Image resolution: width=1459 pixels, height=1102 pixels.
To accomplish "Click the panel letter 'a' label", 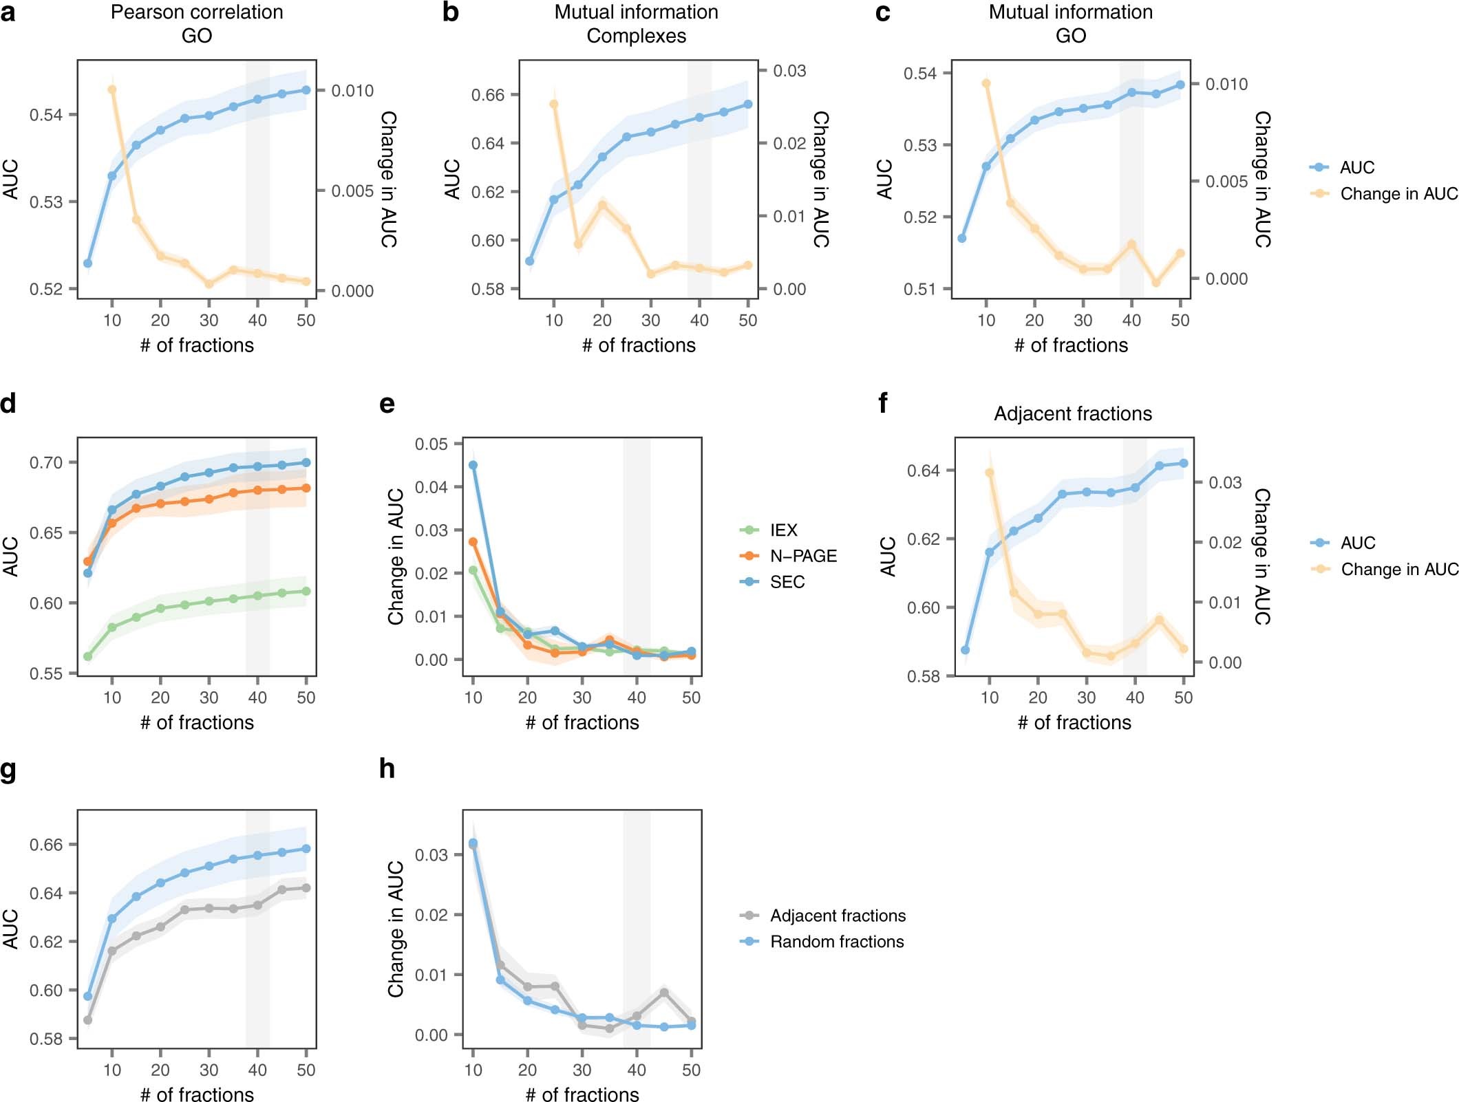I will pyautogui.click(x=8, y=12).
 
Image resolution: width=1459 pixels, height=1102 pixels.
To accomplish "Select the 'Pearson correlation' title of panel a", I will pyautogui.click(x=197, y=12).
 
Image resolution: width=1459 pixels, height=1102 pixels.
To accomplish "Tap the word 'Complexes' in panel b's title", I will pyautogui.click(x=636, y=36).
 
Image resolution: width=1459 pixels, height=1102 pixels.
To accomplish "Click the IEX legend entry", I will pyautogui.click(x=783, y=530).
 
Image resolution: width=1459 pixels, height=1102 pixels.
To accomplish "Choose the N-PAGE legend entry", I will pyautogui.click(x=802, y=556).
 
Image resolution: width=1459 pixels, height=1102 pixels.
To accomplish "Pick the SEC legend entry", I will pyautogui.click(x=787, y=582).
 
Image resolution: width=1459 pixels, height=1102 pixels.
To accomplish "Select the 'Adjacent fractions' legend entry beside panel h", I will pyautogui.click(x=837, y=916).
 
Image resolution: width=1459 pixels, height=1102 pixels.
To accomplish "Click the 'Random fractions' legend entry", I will pyautogui.click(x=836, y=942).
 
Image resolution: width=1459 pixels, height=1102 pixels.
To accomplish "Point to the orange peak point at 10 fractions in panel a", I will pyautogui.click(x=112, y=89).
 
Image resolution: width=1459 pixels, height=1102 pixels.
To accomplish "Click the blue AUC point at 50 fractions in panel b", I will pyautogui.click(x=748, y=105).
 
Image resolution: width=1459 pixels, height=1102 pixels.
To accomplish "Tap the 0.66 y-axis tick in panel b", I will pyautogui.click(x=487, y=95).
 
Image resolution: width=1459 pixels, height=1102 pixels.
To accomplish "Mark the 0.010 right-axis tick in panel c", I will pyautogui.click(x=1226, y=84).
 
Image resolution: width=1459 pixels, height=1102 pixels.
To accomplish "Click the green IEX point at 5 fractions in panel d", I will pyautogui.click(x=88, y=656).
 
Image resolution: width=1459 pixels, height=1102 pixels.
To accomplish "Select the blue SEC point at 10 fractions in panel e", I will pyautogui.click(x=473, y=466).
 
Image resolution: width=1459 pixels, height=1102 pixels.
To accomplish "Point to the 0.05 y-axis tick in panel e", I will pyautogui.click(x=431, y=444).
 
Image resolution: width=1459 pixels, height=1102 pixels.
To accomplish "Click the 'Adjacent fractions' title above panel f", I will pyautogui.click(x=1072, y=413).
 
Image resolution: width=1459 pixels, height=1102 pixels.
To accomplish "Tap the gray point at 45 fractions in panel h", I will pyautogui.click(x=664, y=993).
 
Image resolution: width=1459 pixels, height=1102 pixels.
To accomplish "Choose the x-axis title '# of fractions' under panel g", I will pyautogui.click(x=197, y=1094).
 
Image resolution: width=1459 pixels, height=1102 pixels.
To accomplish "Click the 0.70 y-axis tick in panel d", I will pyautogui.click(x=45, y=463).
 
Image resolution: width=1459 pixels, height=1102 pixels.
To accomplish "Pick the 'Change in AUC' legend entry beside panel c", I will pyautogui.click(x=1398, y=194).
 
